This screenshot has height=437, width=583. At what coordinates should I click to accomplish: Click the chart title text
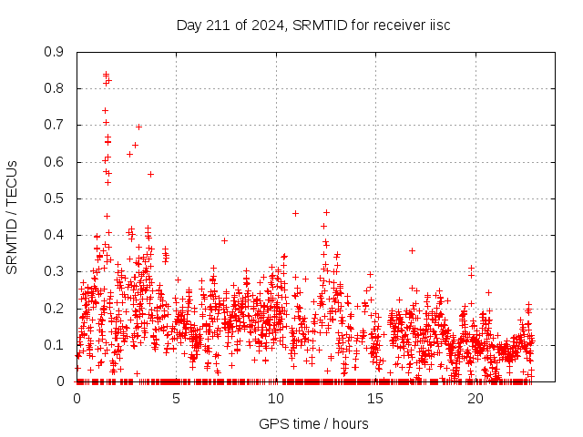tap(313, 25)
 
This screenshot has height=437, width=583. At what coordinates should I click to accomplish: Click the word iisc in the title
tap(438, 25)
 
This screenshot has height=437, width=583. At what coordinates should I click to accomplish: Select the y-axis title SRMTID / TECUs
tap(13, 217)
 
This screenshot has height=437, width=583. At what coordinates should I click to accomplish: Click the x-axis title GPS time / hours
tap(313, 423)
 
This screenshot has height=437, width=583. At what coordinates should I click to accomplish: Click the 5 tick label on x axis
tap(176, 399)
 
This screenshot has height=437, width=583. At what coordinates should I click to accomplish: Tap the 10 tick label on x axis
tap(275, 399)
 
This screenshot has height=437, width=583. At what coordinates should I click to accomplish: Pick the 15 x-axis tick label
tap(374, 399)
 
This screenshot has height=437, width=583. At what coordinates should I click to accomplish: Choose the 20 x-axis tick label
tap(474, 399)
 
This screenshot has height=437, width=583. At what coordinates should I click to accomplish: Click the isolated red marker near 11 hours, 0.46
tap(295, 213)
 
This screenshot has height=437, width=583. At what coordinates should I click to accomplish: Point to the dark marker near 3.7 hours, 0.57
tap(150, 174)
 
